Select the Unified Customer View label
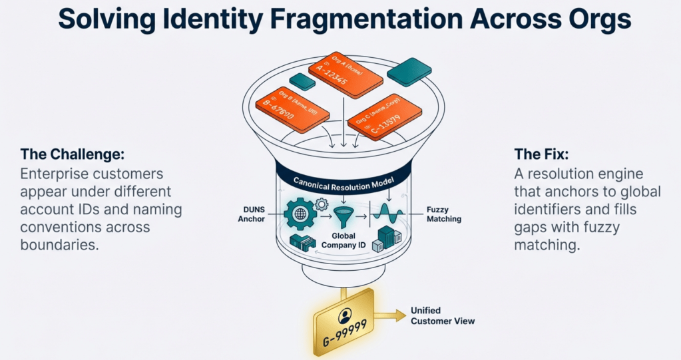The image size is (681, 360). point(443,316)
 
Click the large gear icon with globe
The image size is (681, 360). point(298,214)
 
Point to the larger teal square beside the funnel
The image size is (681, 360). point(409,71)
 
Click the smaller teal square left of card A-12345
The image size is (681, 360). point(303,82)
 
